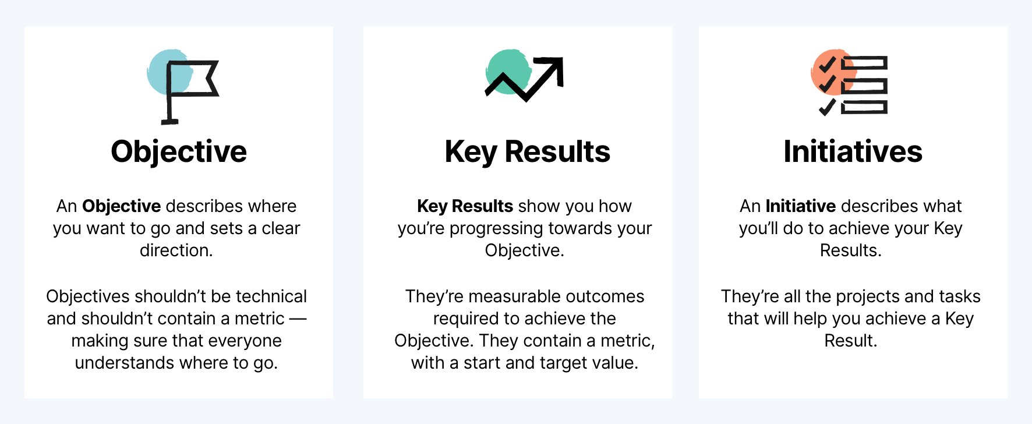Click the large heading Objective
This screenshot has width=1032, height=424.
(x=179, y=152)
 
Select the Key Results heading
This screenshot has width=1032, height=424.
(x=527, y=152)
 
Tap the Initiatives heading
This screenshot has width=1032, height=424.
(x=853, y=152)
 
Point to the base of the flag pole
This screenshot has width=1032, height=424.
(x=169, y=122)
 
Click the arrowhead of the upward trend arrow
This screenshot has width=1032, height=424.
(x=556, y=65)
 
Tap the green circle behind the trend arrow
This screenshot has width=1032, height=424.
(x=505, y=67)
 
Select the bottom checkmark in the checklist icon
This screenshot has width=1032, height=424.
(x=826, y=108)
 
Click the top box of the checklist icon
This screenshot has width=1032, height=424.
(x=864, y=63)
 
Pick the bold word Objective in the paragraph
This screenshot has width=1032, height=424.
(x=121, y=206)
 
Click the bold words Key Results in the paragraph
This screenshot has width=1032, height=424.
(x=465, y=206)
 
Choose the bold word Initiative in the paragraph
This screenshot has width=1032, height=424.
(x=800, y=206)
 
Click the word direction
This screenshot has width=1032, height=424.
(x=176, y=250)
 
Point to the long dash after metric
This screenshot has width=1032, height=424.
(x=298, y=319)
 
